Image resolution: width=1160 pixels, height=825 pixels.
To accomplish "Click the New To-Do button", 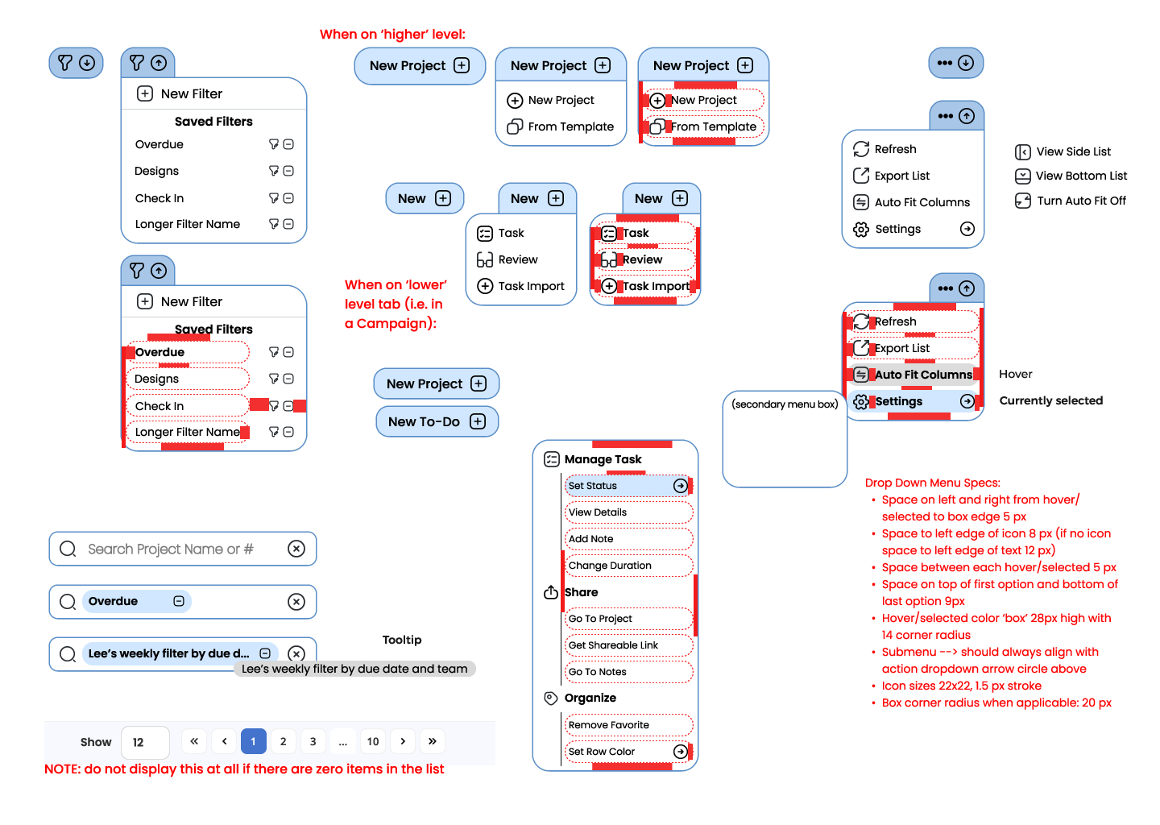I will pos(437,421).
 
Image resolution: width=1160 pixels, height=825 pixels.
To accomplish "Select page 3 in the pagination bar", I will pos(313,741).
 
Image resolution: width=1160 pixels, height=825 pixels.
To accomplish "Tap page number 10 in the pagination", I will pos(373,741).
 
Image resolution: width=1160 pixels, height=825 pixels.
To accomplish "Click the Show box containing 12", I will pos(145,742).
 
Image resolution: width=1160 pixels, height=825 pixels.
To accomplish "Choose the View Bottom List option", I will pos(1081,176).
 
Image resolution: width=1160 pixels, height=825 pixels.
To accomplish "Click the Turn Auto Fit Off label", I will pos(1081,201).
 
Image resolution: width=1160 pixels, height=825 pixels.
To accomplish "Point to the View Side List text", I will pos(1073,151).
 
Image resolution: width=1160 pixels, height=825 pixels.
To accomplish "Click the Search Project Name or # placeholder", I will pos(171,549).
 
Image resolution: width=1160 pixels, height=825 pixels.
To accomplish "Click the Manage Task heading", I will pos(603,459).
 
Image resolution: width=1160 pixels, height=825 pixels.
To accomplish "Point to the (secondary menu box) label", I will pos(785,404).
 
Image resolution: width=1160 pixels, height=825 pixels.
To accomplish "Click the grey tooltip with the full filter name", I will pos(354,669).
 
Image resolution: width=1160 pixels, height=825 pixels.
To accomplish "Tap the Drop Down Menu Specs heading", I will pos(932,483).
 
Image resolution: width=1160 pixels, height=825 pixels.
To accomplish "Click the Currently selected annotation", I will pos(1050,400).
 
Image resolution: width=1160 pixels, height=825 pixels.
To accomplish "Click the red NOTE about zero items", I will pos(244,769).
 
